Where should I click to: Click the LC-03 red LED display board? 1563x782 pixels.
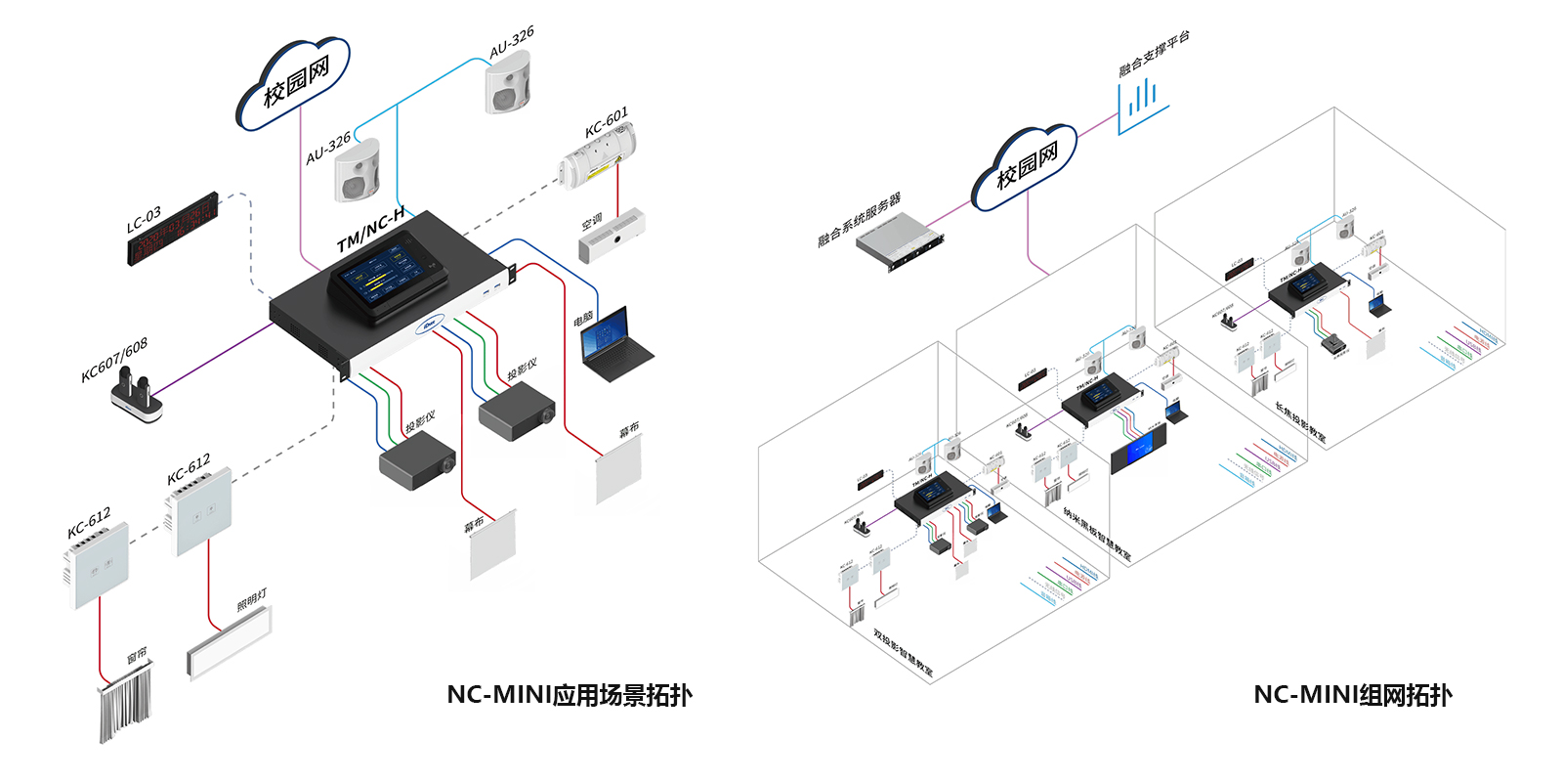point(173,229)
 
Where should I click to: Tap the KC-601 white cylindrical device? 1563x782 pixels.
point(598,153)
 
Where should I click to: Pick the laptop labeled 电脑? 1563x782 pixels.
point(614,343)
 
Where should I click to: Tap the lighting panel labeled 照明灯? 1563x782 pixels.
point(229,641)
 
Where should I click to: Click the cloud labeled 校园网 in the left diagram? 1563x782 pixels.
point(293,83)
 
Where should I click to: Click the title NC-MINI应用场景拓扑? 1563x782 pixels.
point(570,695)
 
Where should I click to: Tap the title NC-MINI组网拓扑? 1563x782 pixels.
point(1352,695)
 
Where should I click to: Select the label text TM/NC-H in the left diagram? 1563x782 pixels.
point(370,231)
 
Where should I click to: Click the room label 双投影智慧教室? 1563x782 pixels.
point(903,653)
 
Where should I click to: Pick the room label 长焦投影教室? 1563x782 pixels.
point(1300,421)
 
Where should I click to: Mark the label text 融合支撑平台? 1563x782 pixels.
point(1155,53)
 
